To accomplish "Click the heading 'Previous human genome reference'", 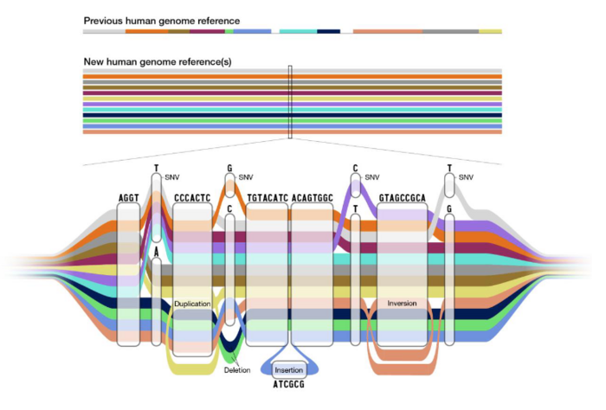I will click(162, 20).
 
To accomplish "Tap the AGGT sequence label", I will click(128, 198).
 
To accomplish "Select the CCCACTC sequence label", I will click(192, 198).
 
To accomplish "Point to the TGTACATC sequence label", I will click(268, 198).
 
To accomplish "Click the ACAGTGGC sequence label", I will click(313, 198).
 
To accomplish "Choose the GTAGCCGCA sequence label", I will click(403, 198).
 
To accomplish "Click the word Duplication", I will click(192, 304).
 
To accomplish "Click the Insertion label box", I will click(289, 369).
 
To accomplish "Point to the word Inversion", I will click(403, 304).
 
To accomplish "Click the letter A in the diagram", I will click(156, 252).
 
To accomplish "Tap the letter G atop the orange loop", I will click(230, 170).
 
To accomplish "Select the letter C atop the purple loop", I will click(355, 169).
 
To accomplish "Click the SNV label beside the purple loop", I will click(372, 177).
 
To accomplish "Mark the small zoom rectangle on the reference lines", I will click(290, 101).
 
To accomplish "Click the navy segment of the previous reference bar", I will click(328, 31).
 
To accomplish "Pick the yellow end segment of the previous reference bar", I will click(490, 31).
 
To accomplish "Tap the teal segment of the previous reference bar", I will click(297, 31).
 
